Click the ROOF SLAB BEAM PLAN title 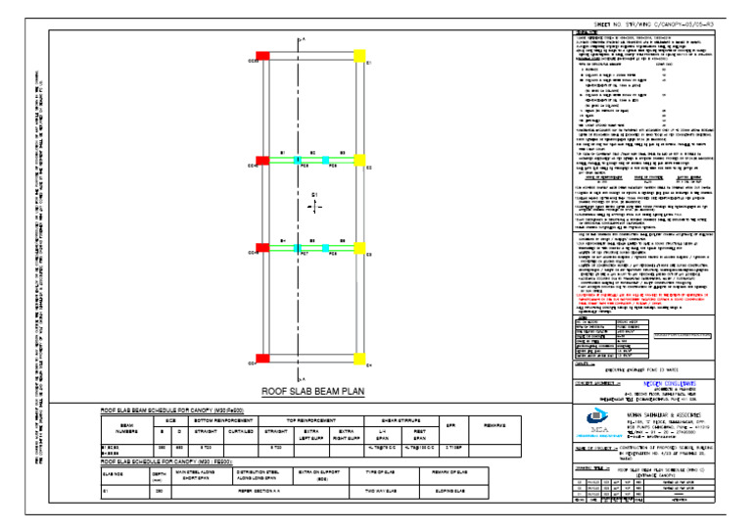point(312,389)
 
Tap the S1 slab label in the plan point(314,196)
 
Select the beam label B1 point(283,153)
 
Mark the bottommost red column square point(261,361)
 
